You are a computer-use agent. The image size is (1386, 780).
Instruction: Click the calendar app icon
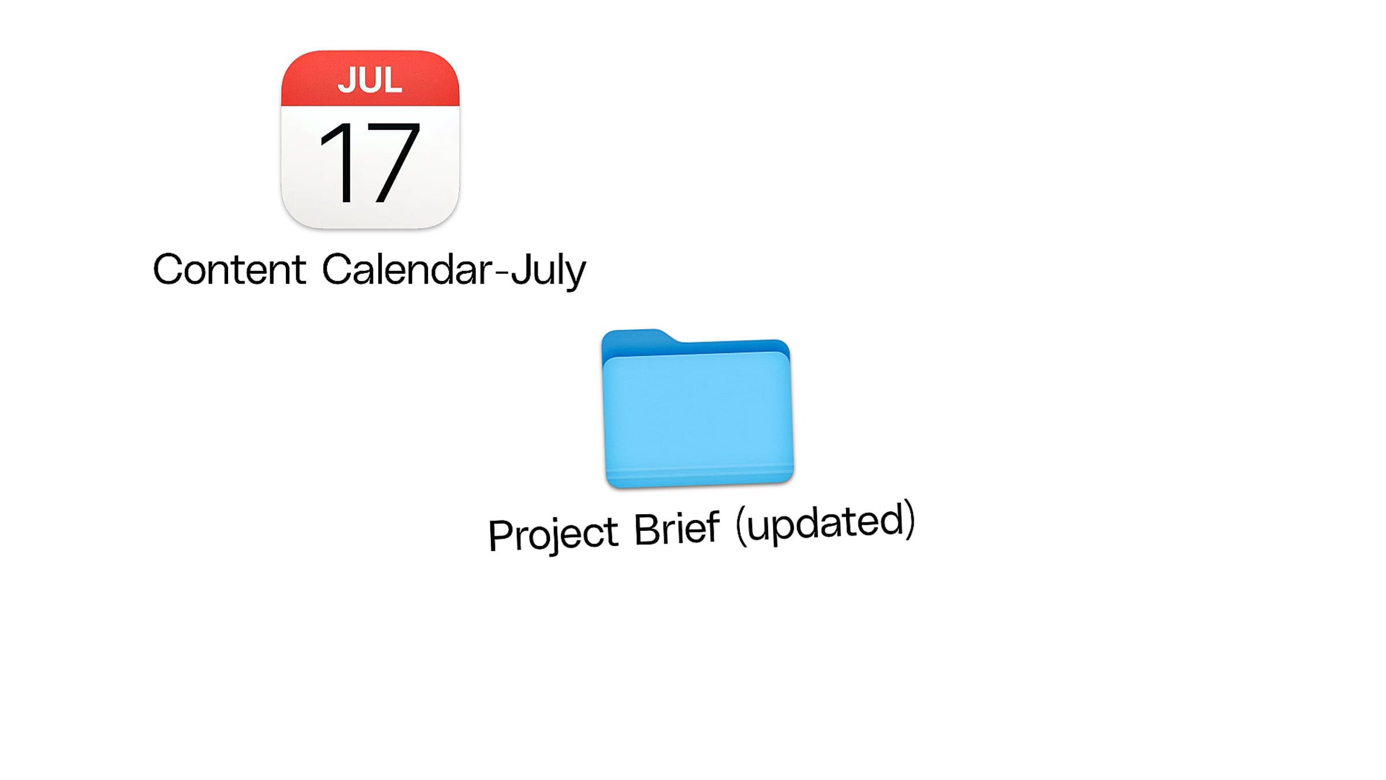click(x=370, y=139)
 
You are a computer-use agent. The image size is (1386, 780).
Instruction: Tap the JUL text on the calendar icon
click(x=370, y=80)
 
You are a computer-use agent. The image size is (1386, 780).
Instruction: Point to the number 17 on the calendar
click(x=368, y=162)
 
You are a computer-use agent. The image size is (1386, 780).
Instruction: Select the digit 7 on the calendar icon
click(x=390, y=162)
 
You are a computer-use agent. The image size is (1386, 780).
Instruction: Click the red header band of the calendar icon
click(x=370, y=78)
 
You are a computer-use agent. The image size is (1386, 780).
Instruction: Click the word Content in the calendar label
click(x=229, y=269)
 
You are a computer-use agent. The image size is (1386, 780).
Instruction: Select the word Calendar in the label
click(x=407, y=269)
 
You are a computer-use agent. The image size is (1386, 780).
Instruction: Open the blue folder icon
click(x=697, y=408)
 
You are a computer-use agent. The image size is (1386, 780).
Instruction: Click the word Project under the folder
click(x=553, y=534)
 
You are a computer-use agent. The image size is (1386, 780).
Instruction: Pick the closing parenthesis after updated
click(x=910, y=519)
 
